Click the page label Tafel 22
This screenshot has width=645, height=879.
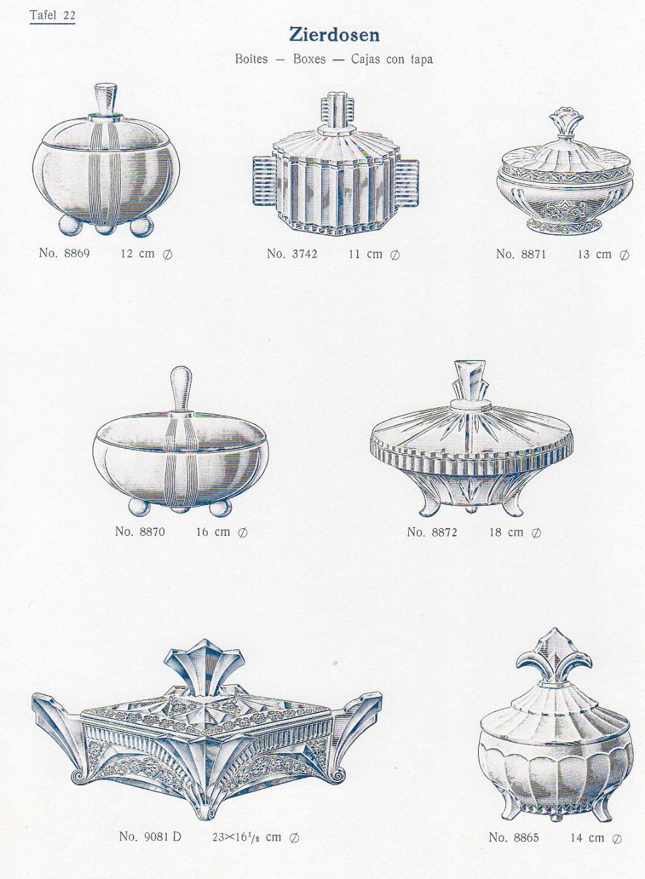[52, 16]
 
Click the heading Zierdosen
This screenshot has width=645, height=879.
[334, 35]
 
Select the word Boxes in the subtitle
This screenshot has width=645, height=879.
[309, 59]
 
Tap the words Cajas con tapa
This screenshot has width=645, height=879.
[392, 59]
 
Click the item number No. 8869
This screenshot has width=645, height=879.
[64, 252]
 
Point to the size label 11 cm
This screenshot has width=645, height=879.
[365, 254]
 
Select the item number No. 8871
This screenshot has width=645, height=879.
[521, 254]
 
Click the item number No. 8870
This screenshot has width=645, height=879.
[140, 531]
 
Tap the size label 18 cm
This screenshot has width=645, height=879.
[506, 532]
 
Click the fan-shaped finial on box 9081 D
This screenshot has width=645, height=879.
[206, 671]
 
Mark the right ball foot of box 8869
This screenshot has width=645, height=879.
[142, 227]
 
